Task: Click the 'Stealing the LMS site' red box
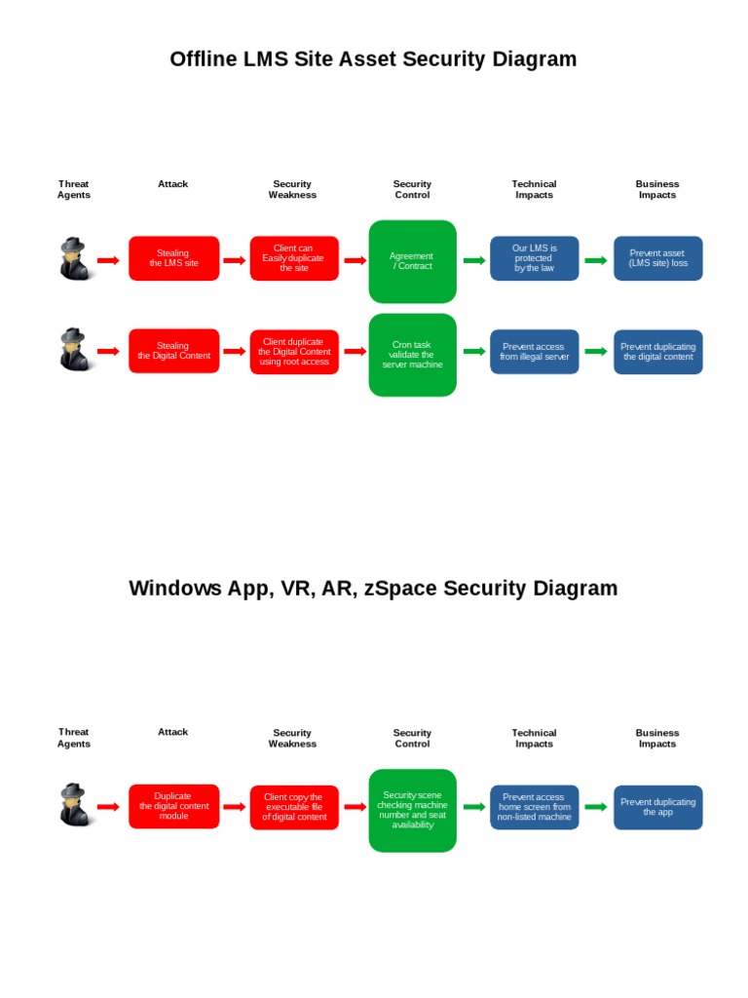coord(173,258)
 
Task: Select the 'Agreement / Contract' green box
coord(412,261)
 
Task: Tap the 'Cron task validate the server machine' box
coord(412,355)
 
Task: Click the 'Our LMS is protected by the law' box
coord(534,258)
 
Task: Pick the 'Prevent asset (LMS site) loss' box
coord(657,258)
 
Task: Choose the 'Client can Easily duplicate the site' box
coord(293,258)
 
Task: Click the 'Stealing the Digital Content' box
coord(173,351)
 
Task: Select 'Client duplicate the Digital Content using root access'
coord(293,351)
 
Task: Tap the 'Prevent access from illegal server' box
coord(534,352)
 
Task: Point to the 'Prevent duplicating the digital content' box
coord(657,352)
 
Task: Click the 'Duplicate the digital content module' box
coord(173,806)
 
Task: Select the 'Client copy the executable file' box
coord(293,807)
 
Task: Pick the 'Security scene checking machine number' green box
coord(412,810)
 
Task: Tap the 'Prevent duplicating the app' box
coord(657,807)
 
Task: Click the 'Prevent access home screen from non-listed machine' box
coord(534,807)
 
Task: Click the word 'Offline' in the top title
coord(203,59)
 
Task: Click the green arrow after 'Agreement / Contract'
coord(474,260)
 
